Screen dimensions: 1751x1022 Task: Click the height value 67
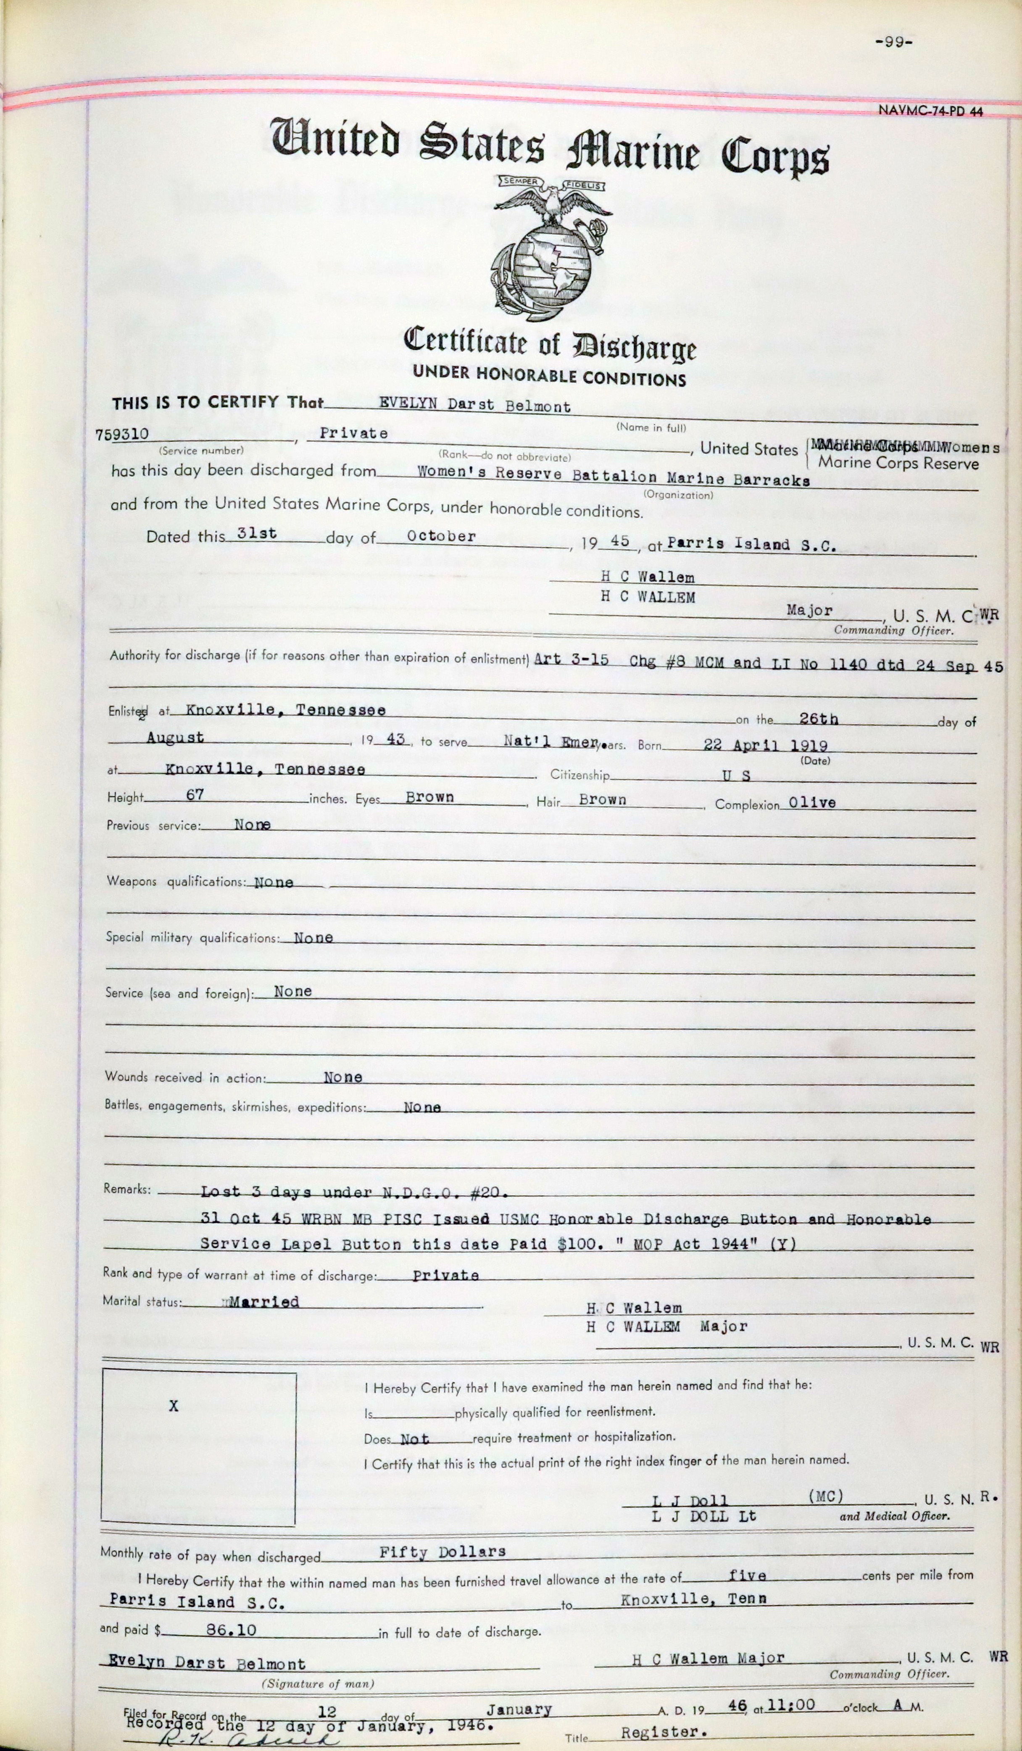pyautogui.click(x=195, y=794)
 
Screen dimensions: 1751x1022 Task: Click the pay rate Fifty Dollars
pyautogui.click(x=442, y=1552)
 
